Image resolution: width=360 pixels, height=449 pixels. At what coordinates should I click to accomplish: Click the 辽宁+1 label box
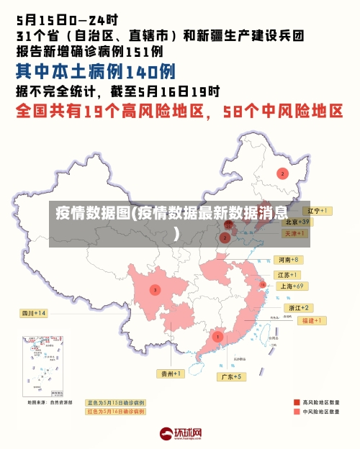point(315,211)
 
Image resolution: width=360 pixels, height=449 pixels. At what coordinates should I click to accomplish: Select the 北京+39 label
point(295,222)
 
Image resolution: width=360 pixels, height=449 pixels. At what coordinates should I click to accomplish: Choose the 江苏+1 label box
point(287,275)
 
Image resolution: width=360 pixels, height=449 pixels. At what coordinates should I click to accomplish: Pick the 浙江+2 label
point(296,308)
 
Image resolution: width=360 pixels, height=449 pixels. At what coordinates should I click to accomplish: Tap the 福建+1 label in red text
point(315,320)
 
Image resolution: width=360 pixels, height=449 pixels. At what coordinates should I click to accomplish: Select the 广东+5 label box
point(232,376)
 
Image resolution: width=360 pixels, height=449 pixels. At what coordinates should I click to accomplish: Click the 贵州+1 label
point(171,374)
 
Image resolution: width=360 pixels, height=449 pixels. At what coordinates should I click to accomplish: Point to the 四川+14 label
point(33,313)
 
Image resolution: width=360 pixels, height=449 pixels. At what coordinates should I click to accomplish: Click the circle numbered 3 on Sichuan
point(155,290)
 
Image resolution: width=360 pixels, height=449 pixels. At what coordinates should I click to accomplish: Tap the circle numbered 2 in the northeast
point(283,173)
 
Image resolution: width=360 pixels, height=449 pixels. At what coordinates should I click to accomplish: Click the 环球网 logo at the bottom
point(180,434)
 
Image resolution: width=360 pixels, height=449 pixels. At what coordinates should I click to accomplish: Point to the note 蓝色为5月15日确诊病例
point(115,403)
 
